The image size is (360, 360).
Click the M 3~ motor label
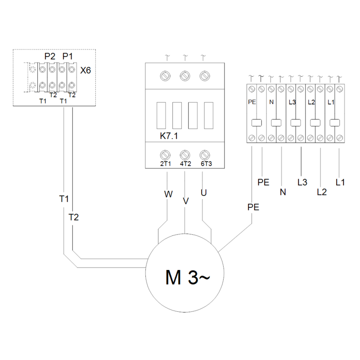coord(187,277)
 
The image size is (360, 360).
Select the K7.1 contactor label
coord(169,136)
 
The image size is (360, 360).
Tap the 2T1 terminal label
coord(165,164)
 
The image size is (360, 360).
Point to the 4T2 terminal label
coord(185,164)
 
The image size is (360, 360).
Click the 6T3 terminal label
coord(206,164)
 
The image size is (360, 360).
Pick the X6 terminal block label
coord(85,70)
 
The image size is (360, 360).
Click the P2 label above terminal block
coord(50,56)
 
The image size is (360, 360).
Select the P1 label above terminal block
coord(67,56)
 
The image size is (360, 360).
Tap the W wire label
coord(168,194)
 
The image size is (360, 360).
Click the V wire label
coord(186,201)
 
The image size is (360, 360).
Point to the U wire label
coord(204,193)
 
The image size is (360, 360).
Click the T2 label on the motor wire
coord(73,217)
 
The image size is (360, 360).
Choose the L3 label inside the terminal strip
coord(292,102)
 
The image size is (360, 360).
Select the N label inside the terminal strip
coord(271,102)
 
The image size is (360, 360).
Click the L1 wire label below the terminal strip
coord(340,182)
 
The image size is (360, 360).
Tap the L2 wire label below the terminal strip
coord(322,192)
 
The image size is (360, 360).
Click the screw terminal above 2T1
coord(165,155)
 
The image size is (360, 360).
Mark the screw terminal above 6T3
coord(205,155)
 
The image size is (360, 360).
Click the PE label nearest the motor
coord(253,207)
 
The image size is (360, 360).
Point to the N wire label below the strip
coord(283,192)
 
